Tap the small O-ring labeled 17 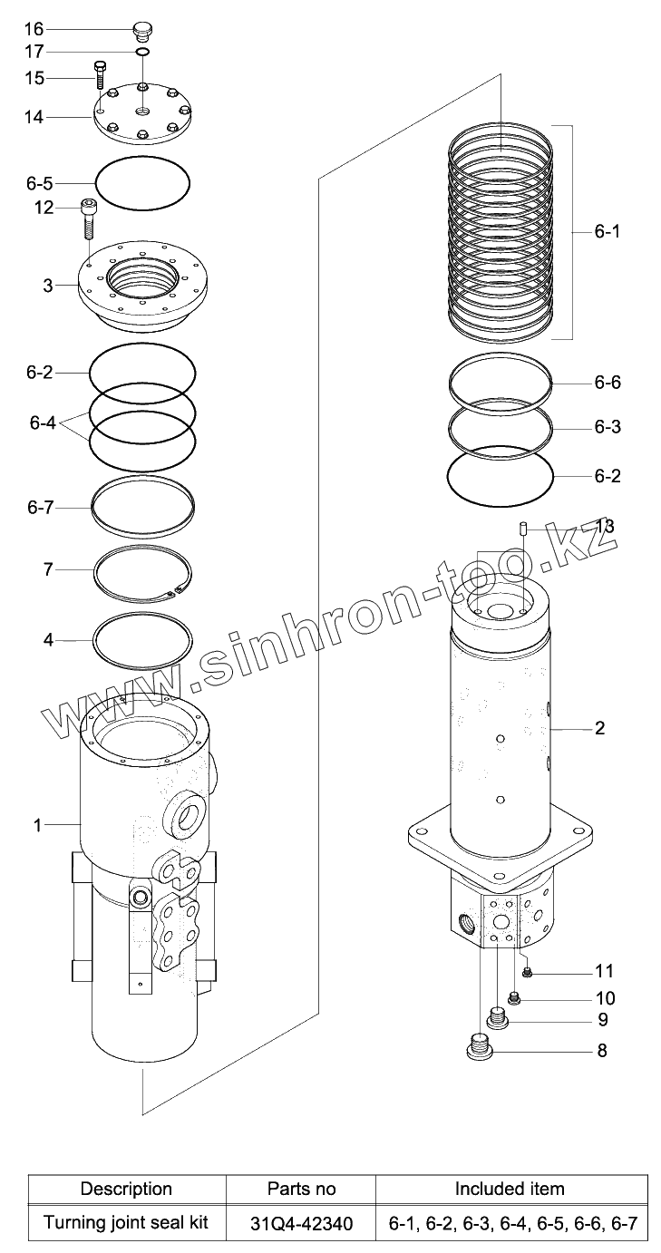pos(142,52)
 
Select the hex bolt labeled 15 pos(99,75)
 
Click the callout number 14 pos(34,118)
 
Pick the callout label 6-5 pos(39,183)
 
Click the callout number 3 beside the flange pos(48,286)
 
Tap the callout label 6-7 pos(40,508)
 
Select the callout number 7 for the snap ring pos(48,569)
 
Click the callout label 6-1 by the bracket pos(607,231)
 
